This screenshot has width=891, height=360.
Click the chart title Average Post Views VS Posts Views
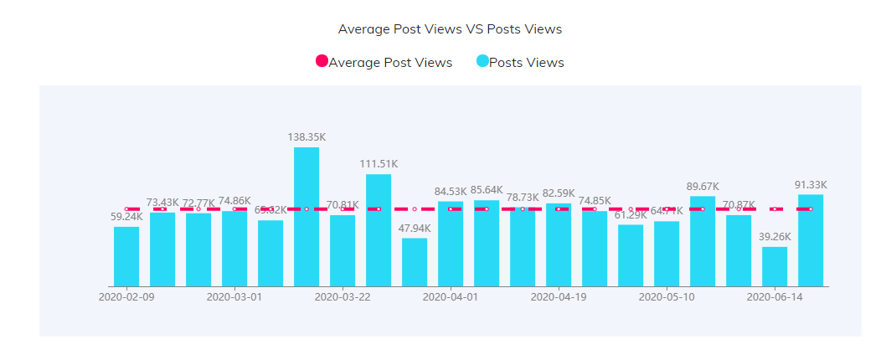point(450,29)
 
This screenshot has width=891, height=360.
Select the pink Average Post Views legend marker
point(322,62)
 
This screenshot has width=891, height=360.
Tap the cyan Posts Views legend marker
point(482,62)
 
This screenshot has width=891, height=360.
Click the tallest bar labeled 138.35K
point(306,217)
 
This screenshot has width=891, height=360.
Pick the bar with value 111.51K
point(379,230)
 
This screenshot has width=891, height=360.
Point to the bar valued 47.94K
point(415,262)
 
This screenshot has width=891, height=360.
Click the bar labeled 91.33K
point(811,240)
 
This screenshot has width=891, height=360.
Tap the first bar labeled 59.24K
point(126,256)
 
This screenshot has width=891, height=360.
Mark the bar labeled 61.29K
point(631,255)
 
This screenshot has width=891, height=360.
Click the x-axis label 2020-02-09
point(126,296)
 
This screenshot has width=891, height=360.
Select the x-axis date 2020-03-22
point(342,296)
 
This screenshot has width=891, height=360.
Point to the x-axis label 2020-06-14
point(775,296)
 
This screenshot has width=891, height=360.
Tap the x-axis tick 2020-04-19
point(559,296)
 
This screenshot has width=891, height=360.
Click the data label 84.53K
point(451,192)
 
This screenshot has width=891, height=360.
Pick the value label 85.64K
point(487,190)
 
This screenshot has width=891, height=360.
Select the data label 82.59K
point(559,193)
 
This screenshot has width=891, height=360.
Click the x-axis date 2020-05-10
point(667,296)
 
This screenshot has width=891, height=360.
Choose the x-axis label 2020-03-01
point(234,296)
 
